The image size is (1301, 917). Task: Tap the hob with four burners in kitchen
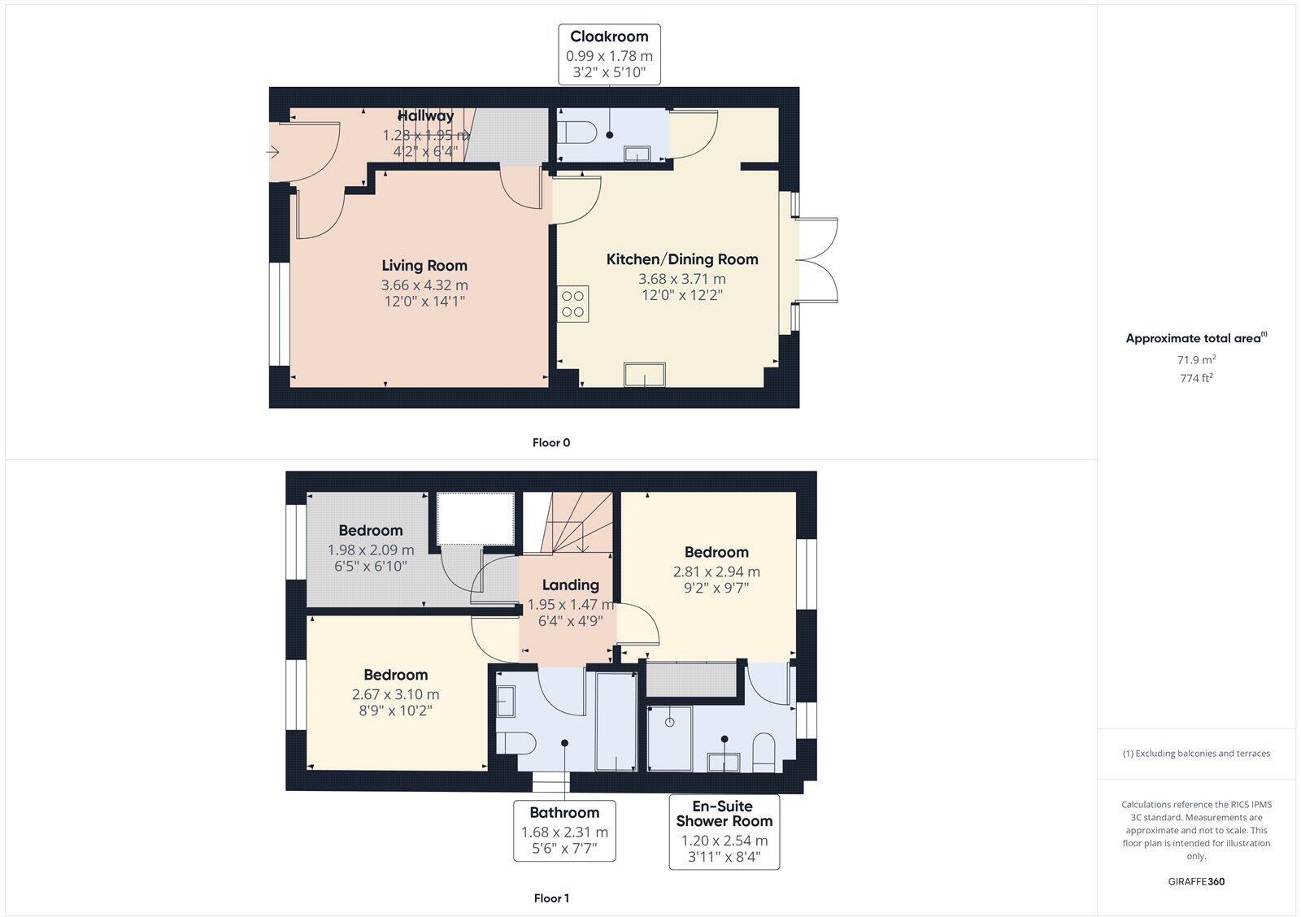tap(572, 303)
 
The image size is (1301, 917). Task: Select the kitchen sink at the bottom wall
tap(644, 375)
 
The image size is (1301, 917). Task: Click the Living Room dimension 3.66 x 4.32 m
tap(424, 285)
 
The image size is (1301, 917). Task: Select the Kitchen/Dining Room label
tap(681, 259)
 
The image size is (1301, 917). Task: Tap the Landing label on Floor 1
tap(570, 585)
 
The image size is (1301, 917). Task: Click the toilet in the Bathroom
tap(515, 741)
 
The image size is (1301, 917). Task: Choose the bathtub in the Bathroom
tap(616, 721)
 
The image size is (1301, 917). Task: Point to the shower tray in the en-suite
tap(670, 738)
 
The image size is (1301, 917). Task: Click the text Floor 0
tap(551, 443)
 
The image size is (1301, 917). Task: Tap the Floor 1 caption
tap(551, 898)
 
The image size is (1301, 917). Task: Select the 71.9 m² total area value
tap(1196, 359)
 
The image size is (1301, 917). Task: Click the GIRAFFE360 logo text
tap(1196, 881)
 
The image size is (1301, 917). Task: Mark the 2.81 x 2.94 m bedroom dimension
tap(716, 571)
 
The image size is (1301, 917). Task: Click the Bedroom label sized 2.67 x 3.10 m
tap(395, 675)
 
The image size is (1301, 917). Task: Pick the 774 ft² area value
tap(1196, 378)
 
